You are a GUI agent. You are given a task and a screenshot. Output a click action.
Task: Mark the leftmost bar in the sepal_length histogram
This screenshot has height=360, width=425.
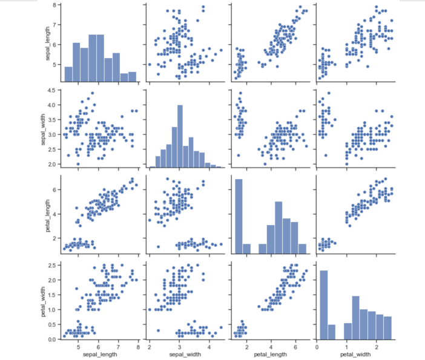pos(68,73)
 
